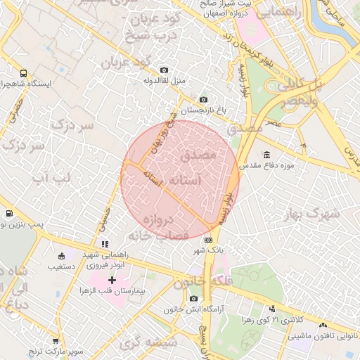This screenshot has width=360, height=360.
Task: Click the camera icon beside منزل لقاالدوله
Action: [x=164, y=70]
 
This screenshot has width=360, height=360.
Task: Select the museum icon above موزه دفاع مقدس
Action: [x=266, y=155]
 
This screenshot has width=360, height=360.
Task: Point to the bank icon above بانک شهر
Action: [x=208, y=240]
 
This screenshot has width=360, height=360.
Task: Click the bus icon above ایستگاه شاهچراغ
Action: [x=23, y=72]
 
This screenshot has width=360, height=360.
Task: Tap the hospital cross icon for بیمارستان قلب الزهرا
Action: [x=112, y=280]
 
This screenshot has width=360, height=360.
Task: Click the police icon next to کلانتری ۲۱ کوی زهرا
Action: [x=272, y=309]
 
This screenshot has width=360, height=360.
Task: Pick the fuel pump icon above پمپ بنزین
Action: [x=8, y=213]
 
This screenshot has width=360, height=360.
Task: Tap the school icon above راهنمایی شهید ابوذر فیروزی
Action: [x=105, y=244]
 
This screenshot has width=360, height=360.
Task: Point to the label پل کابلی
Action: [x=302, y=86]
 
